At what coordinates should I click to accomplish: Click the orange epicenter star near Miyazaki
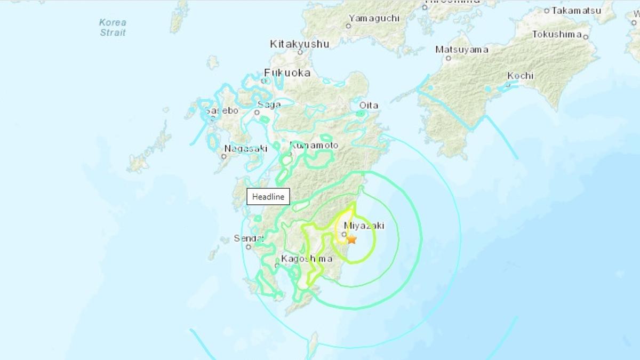tap(351, 239)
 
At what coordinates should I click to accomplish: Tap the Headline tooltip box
tap(268, 197)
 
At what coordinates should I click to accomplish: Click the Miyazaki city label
tap(364, 226)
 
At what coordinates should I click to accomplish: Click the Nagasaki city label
tap(245, 149)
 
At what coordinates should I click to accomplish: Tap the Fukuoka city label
tap(287, 73)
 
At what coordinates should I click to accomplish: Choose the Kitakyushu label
tap(299, 44)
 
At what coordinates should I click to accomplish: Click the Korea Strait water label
tap(113, 28)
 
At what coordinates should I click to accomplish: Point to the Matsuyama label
tap(462, 50)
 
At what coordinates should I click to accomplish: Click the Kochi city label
tap(520, 76)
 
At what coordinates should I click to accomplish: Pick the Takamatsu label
tap(576, 10)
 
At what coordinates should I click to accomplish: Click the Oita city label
tap(369, 105)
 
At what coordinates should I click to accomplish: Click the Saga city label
tap(269, 105)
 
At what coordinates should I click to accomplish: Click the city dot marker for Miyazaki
tap(345, 234)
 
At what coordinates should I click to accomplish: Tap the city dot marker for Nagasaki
tap(223, 156)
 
